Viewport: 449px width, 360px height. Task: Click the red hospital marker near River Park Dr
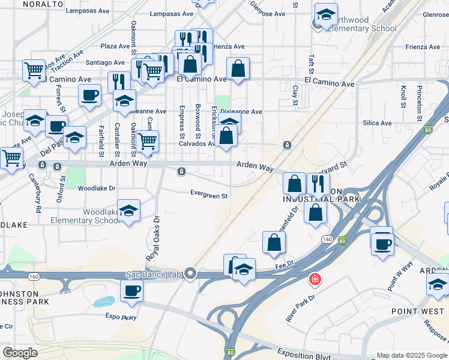[314, 279]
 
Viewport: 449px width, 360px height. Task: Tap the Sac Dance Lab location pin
[190, 274]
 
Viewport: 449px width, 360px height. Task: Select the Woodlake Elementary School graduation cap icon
[128, 211]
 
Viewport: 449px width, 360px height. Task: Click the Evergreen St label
[209, 195]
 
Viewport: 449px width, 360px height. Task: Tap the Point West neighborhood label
[417, 311]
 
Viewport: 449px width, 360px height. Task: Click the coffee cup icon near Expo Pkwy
[131, 291]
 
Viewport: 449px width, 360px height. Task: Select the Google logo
[20, 353]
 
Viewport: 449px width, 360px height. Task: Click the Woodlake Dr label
[97, 188]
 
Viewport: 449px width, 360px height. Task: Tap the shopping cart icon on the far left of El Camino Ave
[34, 70]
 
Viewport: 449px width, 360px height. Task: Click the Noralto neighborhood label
[43, 4]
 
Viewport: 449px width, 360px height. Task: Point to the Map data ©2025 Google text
[411, 355]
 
